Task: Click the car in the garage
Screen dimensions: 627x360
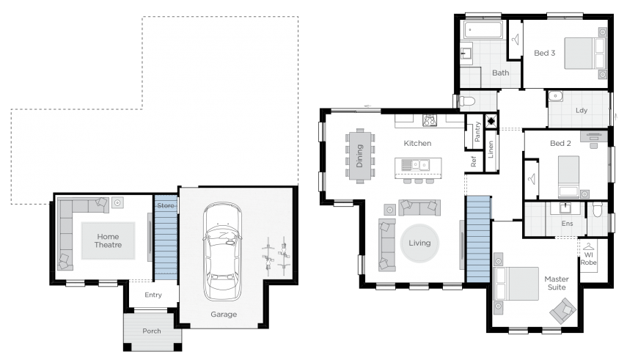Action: pyautogui.click(x=222, y=251)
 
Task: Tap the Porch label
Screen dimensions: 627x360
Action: pyautogui.click(x=152, y=331)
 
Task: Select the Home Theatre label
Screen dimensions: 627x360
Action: pyautogui.click(x=108, y=240)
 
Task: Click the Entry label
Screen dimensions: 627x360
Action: pyautogui.click(x=153, y=295)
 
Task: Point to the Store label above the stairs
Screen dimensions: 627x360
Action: pyautogui.click(x=166, y=205)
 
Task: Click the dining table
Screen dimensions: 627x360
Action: pyautogui.click(x=360, y=156)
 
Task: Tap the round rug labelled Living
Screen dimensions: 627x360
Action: pyautogui.click(x=419, y=243)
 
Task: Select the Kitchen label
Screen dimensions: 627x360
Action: pyautogui.click(x=417, y=143)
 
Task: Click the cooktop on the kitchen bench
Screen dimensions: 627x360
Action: pyautogui.click(x=430, y=120)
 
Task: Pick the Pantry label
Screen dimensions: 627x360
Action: pyautogui.click(x=477, y=132)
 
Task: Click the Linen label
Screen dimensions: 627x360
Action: pyautogui.click(x=491, y=150)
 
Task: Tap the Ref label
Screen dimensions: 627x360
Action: pyautogui.click(x=474, y=161)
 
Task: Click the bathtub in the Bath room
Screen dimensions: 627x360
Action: pyautogui.click(x=483, y=29)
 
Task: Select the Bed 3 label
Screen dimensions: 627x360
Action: pyautogui.click(x=545, y=53)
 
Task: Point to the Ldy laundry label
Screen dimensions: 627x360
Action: pyautogui.click(x=582, y=111)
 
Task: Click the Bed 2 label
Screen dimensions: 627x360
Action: pyautogui.click(x=560, y=143)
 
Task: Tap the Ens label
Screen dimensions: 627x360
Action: pyautogui.click(x=568, y=223)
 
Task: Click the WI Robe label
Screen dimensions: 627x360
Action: pyautogui.click(x=589, y=258)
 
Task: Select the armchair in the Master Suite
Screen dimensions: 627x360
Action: pyautogui.click(x=562, y=311)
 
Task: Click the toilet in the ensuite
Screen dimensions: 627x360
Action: pyautogui.click(x=598, y=209)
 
